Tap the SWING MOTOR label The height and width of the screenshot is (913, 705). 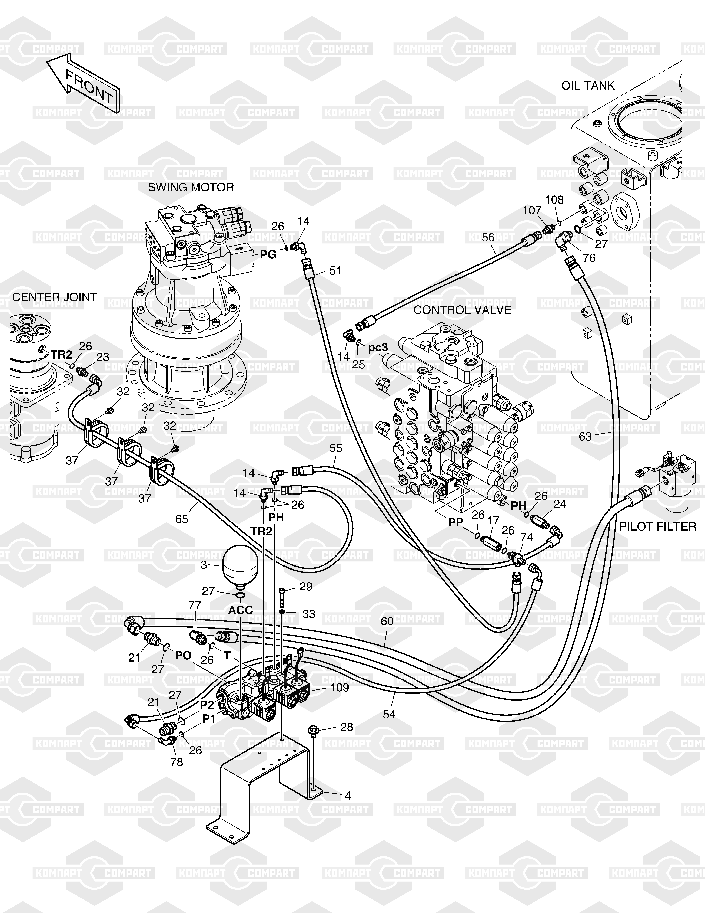coord(191,187)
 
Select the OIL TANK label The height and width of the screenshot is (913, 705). coord(588,86)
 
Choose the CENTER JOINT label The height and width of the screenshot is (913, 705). coord(54,297)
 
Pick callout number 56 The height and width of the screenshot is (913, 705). coord(488,237)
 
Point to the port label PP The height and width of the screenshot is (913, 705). coord(456,522)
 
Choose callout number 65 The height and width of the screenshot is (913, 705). coord(182,519)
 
